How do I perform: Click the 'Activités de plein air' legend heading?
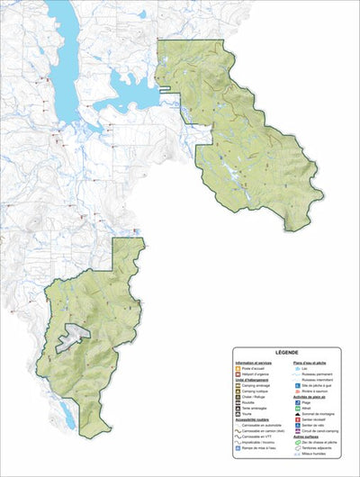click(x=304, y=398)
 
